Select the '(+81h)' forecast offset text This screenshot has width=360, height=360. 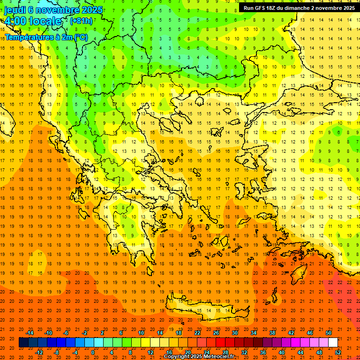tap(81, 21)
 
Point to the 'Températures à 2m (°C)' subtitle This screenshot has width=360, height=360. tap(46, 37)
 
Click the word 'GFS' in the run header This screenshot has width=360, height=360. tap(262, 8)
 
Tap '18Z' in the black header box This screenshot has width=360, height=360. tap(275, 8)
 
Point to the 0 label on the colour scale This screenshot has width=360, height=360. tap(93, 352)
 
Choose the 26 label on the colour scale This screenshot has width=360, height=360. tap(216, 333)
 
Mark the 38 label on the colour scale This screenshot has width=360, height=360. tap(272, 333)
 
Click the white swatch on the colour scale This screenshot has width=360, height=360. tap(333, 343)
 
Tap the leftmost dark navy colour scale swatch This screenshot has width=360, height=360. tap(23, 343)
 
